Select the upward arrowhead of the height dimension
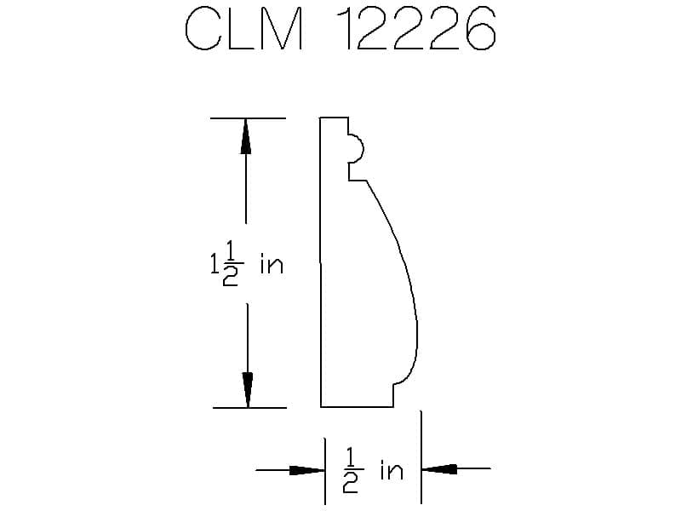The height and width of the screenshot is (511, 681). pos(246,136)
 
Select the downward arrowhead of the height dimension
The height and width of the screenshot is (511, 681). pos(248,390)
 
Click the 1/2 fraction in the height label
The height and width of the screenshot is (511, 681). pos(230,264)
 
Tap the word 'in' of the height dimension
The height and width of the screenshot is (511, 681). pos(272,264)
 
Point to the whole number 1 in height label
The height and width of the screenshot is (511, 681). pos(215,264)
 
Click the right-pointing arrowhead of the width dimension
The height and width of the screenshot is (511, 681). pos(307,470)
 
